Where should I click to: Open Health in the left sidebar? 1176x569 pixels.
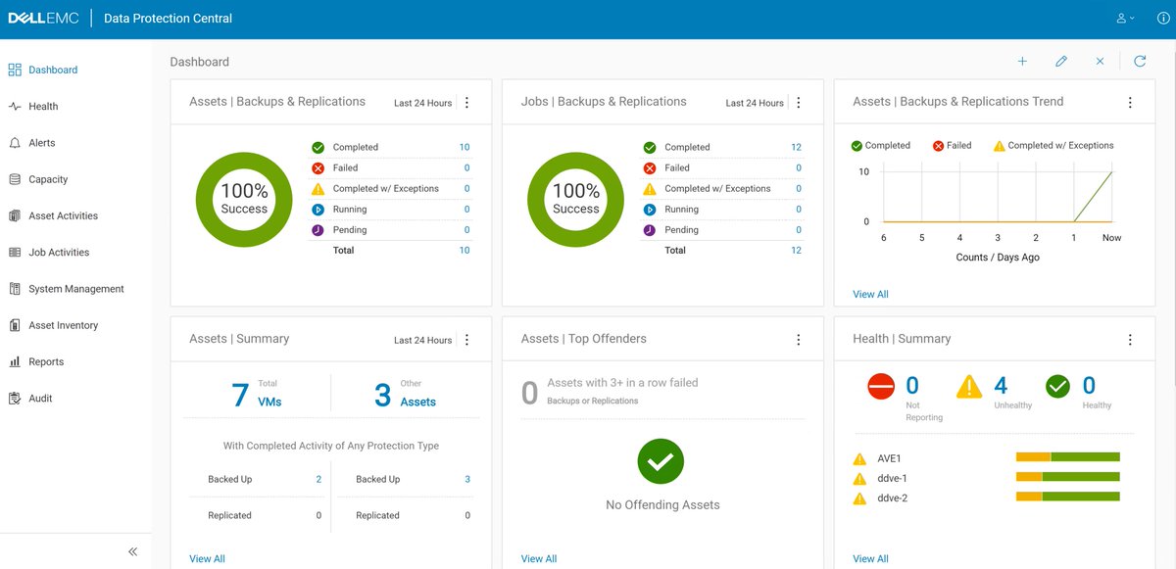[x=43, y=107]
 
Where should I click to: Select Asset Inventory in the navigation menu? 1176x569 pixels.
[x=63, y=325]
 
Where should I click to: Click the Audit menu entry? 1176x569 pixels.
[x=40, y=399]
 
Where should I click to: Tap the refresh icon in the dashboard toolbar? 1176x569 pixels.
[x=1140, y=62]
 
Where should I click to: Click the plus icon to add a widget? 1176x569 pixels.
[x=1022, y=62]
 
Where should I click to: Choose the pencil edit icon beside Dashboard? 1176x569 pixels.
[x=1061, y=62]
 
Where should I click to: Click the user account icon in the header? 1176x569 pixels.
[x=1122, y=19]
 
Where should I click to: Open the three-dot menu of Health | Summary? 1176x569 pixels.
[x=1130, y=340]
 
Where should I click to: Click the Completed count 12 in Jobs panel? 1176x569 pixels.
[x=796, y=148]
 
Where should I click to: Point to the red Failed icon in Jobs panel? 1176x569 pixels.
[x=650, y=168]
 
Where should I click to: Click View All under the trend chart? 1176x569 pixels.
[x=870, y=294]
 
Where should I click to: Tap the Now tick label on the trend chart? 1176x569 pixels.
[x=1111, y=238]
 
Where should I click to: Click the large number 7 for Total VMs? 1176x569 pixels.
[x=240, y=395]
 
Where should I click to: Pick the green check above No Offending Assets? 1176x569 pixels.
[x=662, y=460]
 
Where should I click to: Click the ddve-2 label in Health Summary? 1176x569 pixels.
[x=892, y=498]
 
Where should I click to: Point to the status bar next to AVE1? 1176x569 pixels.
[x=1067, y=457]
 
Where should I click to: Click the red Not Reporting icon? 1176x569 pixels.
[x=881, y=387]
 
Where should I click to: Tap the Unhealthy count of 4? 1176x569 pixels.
[x=1001, y=386]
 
